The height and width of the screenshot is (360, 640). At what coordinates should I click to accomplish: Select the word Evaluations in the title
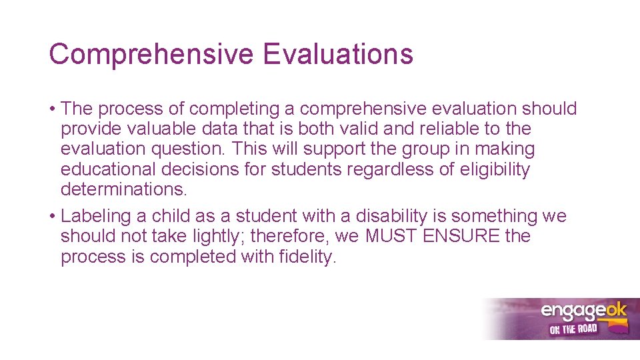(x=338, y=53)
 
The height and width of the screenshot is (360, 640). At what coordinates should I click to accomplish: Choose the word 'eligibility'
(x=495, y=169)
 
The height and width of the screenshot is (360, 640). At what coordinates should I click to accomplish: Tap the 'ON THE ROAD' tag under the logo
(x=573, y=329)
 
